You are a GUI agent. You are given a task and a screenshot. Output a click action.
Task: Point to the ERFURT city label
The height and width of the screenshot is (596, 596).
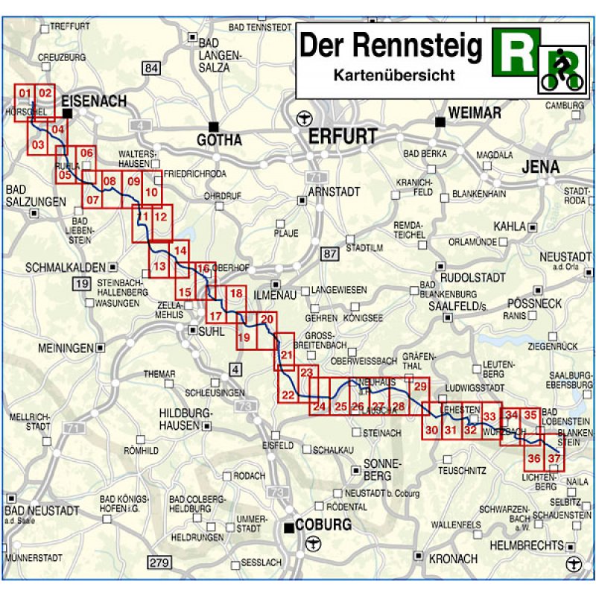coord(343,136)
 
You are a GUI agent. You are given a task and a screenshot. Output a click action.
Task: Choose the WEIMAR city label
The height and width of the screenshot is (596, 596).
coord(475,112)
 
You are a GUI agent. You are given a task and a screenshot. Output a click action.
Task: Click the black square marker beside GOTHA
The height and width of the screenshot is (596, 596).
coord(215,126)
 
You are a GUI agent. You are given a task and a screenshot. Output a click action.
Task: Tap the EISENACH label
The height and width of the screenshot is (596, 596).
coord(95,101)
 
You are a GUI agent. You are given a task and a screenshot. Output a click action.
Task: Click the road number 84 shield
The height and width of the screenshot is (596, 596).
coord(152,69)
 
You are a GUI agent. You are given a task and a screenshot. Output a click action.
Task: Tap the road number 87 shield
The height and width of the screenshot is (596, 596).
coord(330,255)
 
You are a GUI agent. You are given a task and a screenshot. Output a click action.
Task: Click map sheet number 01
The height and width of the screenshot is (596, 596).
coord(25,93)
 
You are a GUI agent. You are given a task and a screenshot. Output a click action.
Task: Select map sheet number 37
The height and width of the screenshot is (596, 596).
coord(554,458)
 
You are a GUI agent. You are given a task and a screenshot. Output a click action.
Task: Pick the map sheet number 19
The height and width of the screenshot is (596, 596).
coord(243,339)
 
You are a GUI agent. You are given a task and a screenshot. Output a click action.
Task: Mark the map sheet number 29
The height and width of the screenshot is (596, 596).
coord(420,385)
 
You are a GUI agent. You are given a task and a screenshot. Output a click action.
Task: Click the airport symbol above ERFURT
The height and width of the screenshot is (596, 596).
coord(302,117)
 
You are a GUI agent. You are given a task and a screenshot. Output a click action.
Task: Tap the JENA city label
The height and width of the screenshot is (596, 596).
coord(540,167)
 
